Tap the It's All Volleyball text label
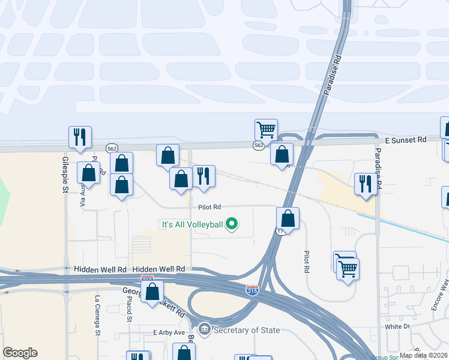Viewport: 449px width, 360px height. [x=191, y=225]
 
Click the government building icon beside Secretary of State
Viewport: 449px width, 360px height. [x=205, y=329]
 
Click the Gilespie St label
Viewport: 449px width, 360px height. [x=65, y=174]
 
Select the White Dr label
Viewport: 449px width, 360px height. [x=397, y=327]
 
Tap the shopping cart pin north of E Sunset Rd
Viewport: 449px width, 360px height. [x=266, y=130]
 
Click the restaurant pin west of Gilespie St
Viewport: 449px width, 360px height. [x=80, y=137]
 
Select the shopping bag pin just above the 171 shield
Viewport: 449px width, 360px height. [x=288, y=219]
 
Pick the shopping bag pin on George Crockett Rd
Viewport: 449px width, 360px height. [x=152, y=292]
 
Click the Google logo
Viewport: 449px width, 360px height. [x=20, y=353]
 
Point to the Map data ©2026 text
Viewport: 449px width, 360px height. [x=423, y=355]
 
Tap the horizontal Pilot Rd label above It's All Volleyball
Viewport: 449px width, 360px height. [x=209, y=207]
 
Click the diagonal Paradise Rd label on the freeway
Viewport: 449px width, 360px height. [x=333, y=76]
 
